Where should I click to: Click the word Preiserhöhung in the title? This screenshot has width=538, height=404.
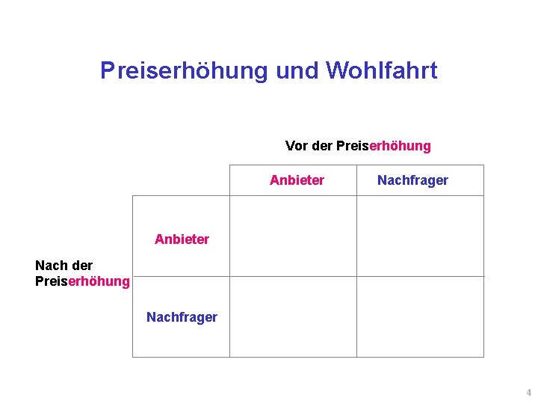point(184,71)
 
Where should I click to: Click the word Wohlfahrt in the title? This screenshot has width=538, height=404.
point(382,71)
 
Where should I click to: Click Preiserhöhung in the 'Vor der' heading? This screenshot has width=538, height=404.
point(383,146)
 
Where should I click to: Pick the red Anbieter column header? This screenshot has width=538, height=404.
point(297,180)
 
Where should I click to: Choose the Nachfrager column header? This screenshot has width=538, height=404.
point(412,180)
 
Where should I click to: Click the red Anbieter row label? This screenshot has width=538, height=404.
point(182,239)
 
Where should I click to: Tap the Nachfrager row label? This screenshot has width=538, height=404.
point(182,317)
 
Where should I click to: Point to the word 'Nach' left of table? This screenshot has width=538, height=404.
point(49,266)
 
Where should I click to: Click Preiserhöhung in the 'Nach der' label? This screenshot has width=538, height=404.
point(82,281)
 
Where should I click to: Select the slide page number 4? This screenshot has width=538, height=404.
point(528,393)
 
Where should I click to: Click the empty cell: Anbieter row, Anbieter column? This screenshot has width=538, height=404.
point(292,236)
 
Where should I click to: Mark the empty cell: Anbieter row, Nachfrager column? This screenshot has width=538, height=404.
point(420,236)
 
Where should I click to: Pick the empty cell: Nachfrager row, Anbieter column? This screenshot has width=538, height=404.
point(292,316)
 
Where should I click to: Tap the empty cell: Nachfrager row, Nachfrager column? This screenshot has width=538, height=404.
point(420,316)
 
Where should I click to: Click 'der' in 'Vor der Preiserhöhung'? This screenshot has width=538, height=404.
point(321,146)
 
